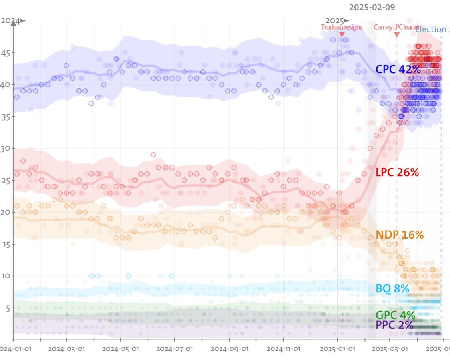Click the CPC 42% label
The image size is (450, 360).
(398, 69)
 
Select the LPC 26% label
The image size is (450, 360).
(397, 173)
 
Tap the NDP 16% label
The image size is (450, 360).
(399, 235)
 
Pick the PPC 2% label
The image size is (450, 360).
(394, 325)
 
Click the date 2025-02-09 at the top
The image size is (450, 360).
(371, 7)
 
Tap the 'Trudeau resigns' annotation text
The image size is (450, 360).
(342, 27)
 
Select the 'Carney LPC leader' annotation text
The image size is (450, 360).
(396, 27)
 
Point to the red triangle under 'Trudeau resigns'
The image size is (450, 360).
(342, 35)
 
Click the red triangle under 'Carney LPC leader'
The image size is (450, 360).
(397, 35)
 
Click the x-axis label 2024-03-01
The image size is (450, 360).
(66, 348)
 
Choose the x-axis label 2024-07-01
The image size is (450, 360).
(174, 348)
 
